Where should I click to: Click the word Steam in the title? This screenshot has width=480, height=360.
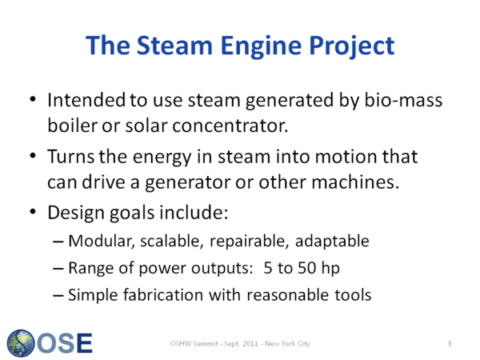click(x=174, y=46)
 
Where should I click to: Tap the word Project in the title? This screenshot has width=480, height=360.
click(x=352, y=46)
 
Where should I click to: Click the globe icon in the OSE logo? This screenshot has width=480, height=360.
click(x=21, y=343)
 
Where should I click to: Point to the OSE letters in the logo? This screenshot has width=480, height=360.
click(x=65, y=343)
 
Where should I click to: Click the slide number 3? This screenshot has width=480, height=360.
click(x=450, y=343)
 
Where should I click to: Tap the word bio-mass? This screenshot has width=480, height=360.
click(x=403, y=100)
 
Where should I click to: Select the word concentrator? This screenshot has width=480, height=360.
click(x=230, y=126)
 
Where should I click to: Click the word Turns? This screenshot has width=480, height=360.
click(x=70, y=157)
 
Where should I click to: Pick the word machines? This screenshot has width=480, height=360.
click(x=355, y=182)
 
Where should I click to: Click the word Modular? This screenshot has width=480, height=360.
click(x=102, y=241)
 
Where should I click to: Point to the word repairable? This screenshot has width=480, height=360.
click(x=249, y=242)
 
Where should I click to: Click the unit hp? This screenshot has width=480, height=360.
click(x=330, y=269)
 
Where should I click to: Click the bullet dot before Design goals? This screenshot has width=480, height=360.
click(x=33, y=211)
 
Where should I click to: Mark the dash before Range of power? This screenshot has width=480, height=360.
click(x=58, y=269)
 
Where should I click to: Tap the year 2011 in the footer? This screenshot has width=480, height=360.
click(x=250, y=343)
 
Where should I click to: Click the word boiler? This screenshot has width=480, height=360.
click(x=73, y=126)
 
